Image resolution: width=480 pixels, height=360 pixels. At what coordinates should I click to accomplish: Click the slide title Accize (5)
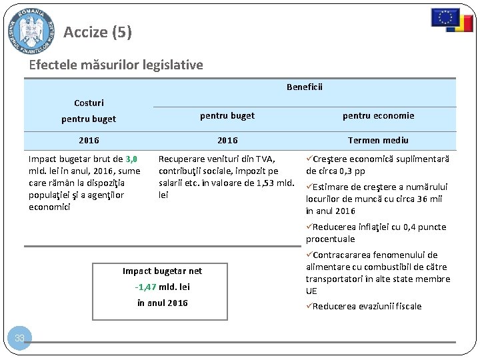(x=98, y=32)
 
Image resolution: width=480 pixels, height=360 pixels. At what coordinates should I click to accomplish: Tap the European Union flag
(x=445, y=17)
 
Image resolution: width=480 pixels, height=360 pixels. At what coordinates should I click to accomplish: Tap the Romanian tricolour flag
(x=460, y=25)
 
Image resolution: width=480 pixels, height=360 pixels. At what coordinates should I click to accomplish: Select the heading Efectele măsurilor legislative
(x=116, y=65)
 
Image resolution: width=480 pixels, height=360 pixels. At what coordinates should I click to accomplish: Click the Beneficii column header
(x=305, y=87)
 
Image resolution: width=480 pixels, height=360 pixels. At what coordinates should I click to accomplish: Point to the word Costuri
(x=89, y=103)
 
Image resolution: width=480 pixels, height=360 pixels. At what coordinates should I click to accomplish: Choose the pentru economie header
(x=378, y=115)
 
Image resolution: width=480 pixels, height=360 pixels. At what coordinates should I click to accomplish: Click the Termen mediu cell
(x=378, y=140)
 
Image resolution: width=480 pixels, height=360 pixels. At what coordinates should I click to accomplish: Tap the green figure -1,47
(x=145, y=287)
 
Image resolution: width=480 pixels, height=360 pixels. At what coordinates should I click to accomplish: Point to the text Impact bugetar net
(x=162, y=271)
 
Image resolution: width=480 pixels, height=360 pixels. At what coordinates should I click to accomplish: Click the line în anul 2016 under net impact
(x=162, y=303)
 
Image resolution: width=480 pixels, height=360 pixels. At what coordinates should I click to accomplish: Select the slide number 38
(x=20, y=339)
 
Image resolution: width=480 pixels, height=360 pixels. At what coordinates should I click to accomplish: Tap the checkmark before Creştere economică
(x=309, y=159)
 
